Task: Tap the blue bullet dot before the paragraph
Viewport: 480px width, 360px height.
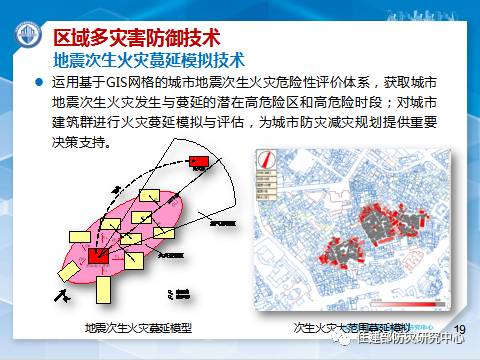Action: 39,84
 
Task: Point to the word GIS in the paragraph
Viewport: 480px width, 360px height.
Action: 133,84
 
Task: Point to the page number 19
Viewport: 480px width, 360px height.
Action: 461,327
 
